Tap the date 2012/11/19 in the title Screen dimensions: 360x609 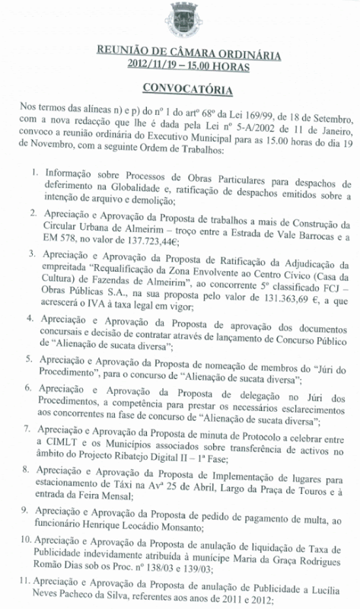(158, 65)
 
